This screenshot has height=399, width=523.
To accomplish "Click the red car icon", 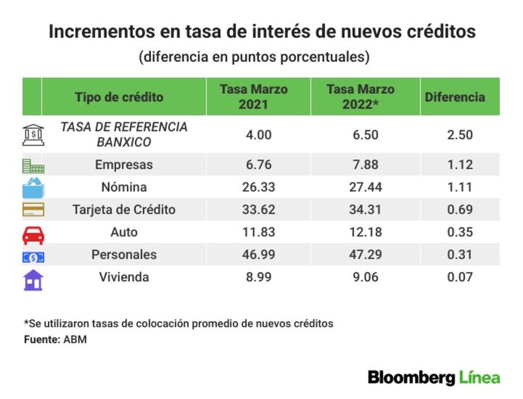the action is (x=33, y=235).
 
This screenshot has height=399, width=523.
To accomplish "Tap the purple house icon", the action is (x=33, y=280).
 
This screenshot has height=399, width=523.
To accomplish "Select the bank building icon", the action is (x=33, y=135).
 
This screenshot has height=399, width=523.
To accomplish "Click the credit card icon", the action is (x=33, y=209).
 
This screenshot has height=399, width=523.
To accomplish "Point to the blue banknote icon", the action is (x=33, y=257).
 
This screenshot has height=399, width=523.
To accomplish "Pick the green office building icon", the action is (x=33, y=166).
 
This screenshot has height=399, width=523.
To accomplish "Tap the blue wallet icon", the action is (x=33, y=188).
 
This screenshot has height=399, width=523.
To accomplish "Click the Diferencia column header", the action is (x=455, y=97).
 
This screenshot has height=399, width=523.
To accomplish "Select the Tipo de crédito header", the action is (x=119, y=97).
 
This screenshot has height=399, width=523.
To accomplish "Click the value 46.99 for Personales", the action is (x=258, y=254).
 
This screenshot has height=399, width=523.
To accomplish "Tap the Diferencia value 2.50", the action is (x=460, y=135).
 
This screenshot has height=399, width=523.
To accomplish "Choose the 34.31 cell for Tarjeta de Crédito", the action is (x=365, y=209).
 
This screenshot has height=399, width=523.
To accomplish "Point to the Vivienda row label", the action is (x=124, y=277).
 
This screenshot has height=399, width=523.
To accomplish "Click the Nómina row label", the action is (x=124, y=187).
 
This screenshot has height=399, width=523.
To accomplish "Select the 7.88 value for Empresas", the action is (x=365, y=165).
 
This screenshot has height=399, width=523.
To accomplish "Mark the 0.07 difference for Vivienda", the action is (x=460, y=277).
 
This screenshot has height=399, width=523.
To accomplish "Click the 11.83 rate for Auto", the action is (x=258, y=232).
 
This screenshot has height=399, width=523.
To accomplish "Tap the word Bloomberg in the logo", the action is (x=411, y=378).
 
